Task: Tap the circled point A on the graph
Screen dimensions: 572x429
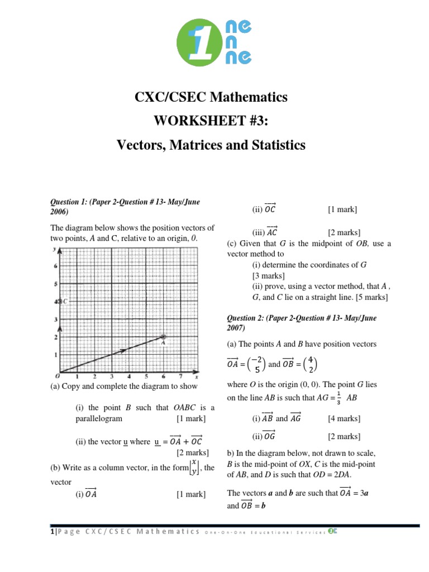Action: point(163,337)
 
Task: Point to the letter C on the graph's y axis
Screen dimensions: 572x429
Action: point(65,302)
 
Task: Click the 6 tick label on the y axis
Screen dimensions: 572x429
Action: point(55,266)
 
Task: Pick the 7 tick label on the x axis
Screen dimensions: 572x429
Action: point(180,377)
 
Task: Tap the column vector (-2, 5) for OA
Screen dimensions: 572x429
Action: point(256,364)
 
